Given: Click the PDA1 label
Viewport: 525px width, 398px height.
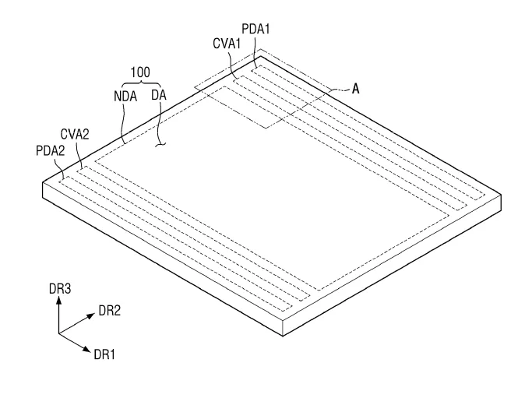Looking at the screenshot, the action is coord(255,29).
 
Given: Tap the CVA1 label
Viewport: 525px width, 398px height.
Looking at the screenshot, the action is coord(227,44).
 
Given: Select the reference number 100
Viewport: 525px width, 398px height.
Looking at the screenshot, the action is coord(140,72).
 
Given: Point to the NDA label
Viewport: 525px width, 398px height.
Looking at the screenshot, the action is coord(125,97).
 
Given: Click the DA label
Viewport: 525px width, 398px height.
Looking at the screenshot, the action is coord(159,95).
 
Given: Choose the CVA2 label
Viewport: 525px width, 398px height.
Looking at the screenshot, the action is coord(75,135).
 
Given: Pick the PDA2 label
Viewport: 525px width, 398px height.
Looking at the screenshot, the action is coord(50,151).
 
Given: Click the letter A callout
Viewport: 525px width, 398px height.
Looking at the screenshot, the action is coord(355,89).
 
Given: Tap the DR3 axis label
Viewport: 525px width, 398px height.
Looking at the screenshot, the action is coord(60,288).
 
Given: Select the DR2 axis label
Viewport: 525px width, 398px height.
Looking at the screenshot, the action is coord(110,311).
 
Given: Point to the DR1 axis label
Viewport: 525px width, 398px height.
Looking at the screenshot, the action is coord(104,354).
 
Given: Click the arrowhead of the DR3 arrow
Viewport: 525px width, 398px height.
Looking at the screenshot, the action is coord(59,300).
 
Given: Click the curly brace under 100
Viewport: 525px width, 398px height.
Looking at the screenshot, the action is coord(141,82).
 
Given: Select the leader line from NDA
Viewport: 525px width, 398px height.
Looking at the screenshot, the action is coord(123,123).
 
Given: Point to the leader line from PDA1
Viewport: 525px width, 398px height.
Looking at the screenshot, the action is coord(255,52).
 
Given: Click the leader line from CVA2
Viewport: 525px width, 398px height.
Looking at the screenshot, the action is coord(79,155).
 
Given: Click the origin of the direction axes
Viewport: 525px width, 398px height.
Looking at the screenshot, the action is coord(59,333).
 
